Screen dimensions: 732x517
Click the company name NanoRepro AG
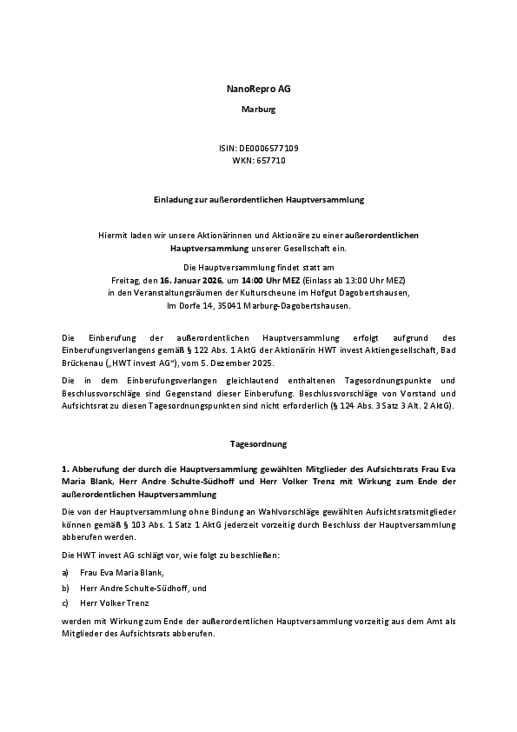[x=258, y=90]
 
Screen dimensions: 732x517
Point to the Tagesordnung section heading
[x=258, y=444]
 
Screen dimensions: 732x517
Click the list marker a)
[x=65, y=573]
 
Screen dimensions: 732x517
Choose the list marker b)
[x=65, y=588]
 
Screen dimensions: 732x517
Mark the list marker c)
[x=65, y=603]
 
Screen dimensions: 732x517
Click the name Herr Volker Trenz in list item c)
[x=115, y=603]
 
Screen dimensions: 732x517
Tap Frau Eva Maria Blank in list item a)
[x=121, y=573]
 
